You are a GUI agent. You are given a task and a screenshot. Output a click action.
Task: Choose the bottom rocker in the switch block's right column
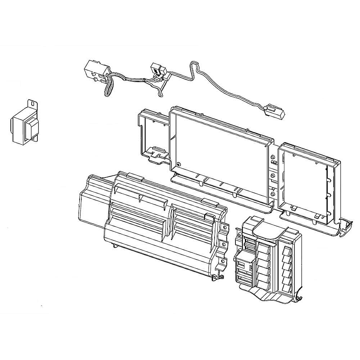[x=288, y=288]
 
